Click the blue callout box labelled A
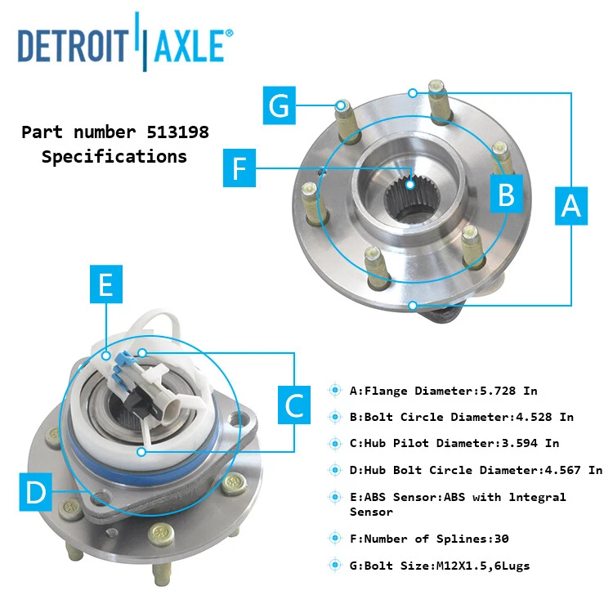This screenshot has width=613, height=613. pos(570,204)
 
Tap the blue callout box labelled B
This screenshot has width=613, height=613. pos(506,195)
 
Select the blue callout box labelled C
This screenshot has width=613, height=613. pos(294,404)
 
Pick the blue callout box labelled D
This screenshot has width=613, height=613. pos(36,492)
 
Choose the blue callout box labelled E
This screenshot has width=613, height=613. pos(105,285)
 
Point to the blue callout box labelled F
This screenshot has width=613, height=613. pos(239,168)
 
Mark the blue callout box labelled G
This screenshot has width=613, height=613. pos(280,107)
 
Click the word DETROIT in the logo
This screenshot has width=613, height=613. pos(73,46)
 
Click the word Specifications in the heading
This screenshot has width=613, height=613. pos(114,156)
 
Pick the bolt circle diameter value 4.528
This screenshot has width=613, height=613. pos(533,417)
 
